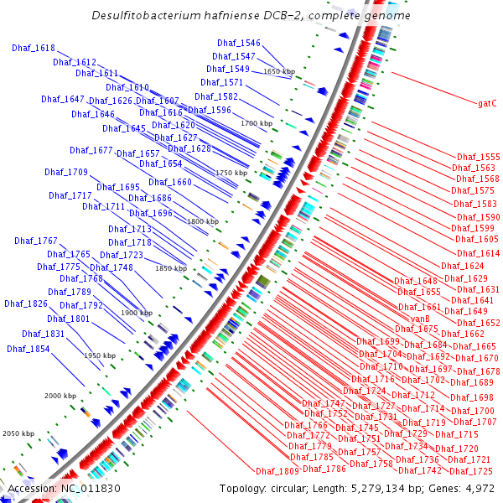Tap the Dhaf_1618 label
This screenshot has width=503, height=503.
coord(34,48)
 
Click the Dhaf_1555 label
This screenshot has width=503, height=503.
coord(478,157)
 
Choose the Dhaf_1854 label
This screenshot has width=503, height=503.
coord(29,349)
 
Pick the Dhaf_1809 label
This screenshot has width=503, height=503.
coord(277,471)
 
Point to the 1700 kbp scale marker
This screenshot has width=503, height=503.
coord(257,123)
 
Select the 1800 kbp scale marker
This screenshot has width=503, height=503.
coord(202,221)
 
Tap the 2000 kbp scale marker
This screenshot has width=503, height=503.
coord(60,395)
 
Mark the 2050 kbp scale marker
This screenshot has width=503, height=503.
coord(18,433)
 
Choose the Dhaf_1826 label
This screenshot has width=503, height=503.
coord(26,303)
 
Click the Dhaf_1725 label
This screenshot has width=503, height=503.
coord(476,471)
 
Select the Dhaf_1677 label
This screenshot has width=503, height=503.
coord(91,151)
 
